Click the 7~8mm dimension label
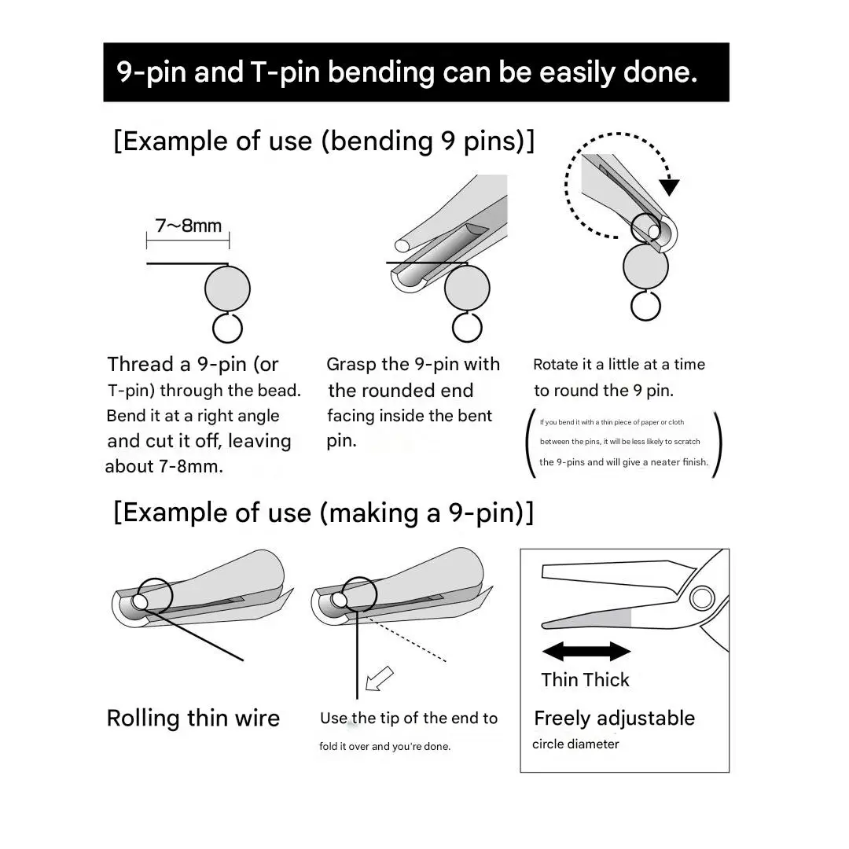189,226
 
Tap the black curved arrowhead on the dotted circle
670,186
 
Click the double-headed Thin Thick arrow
586,651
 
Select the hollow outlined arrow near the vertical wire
379,678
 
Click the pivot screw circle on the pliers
702,598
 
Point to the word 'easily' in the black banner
577,72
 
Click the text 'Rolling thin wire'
193,719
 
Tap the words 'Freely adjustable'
615,719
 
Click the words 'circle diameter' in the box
575,744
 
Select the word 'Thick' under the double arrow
608,679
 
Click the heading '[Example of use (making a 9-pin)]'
324,513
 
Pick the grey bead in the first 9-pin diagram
227,289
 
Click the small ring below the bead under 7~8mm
227,328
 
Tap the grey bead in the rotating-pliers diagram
645,266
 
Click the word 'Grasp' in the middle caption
352,365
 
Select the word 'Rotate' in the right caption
556,365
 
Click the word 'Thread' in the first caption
141,365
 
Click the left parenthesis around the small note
531,443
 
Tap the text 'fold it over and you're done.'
384,746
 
